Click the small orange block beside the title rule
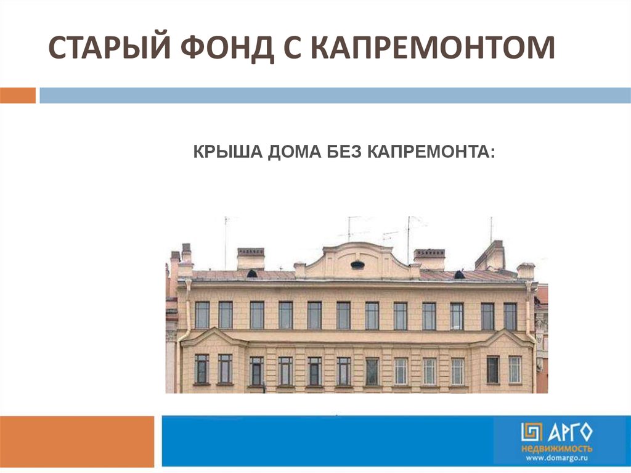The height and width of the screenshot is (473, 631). coord(18,96)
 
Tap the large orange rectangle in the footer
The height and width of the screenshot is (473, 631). coord(77,442)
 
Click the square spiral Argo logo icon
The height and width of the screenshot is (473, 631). coord(532,432)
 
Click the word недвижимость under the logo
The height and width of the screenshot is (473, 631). coord(556,449)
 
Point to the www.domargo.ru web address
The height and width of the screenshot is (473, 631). coord(557,458)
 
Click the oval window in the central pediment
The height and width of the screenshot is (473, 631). coord(357,265)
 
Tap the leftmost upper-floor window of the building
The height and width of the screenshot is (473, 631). coord(202,315)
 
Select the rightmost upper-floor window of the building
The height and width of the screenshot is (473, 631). coord(510,317)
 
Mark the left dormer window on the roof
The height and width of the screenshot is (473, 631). coord(252,274)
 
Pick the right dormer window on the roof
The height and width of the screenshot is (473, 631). coord(459,275)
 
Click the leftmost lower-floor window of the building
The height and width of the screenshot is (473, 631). coord(202,369)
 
